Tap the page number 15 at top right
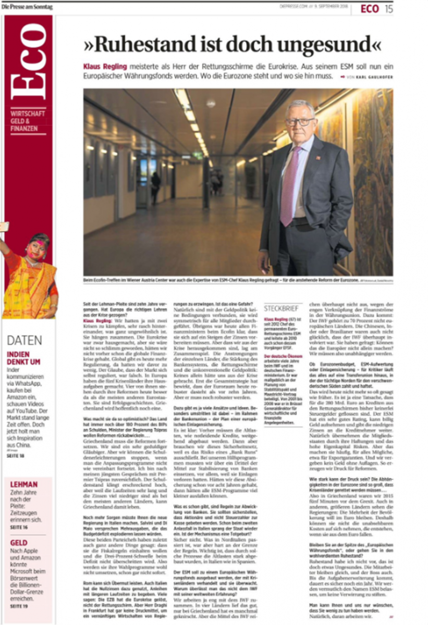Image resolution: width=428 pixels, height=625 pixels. click(389, 8)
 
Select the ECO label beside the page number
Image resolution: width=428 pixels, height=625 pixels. click(370, 8)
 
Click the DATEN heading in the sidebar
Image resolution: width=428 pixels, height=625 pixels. click(24, 340)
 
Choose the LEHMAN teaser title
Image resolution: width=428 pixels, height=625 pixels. click(24, 484)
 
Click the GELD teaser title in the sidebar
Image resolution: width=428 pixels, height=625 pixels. click(19, 543)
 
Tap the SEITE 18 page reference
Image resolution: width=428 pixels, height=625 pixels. click(15, 456)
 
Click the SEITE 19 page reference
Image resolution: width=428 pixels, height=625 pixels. click(19, 607)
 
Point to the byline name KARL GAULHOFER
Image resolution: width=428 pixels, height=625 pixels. click(372, 77)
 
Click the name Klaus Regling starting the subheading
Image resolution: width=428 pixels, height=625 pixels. click(102, 67)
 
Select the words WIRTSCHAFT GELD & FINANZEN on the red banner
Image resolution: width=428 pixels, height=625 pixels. click(27, 120)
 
